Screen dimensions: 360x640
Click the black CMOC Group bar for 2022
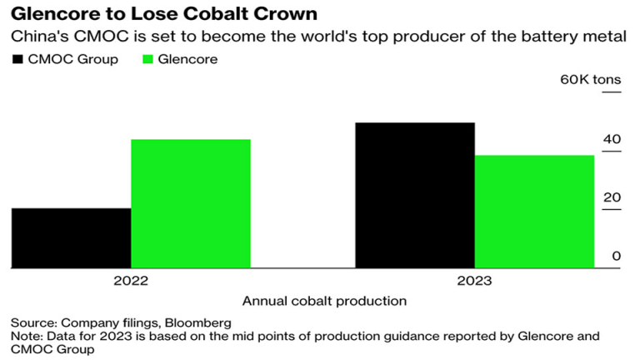tap(71, 238)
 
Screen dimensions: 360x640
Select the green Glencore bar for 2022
tap(191, 203)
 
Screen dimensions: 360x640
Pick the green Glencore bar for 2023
tap(534, 212)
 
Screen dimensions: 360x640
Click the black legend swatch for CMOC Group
tap(18, 60)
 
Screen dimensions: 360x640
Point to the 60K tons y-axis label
tap(590, 79)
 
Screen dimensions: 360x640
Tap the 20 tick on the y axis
tap(612, 197)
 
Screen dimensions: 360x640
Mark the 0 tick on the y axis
tap(617, 256)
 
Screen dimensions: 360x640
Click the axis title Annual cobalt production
tap(324, 301)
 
